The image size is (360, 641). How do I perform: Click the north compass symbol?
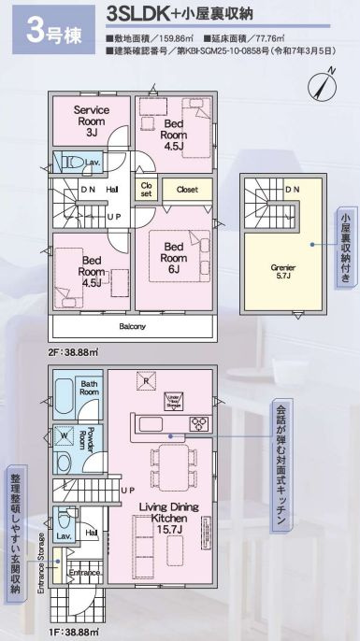coord(324,85)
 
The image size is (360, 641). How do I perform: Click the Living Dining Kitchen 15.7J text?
coord(166,518)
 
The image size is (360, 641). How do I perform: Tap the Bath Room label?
coord(89,388)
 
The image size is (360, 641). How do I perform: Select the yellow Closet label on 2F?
coord(186,188)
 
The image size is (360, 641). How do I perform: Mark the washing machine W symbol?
coord(63,434)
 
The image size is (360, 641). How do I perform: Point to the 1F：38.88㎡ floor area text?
coord(71,632)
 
